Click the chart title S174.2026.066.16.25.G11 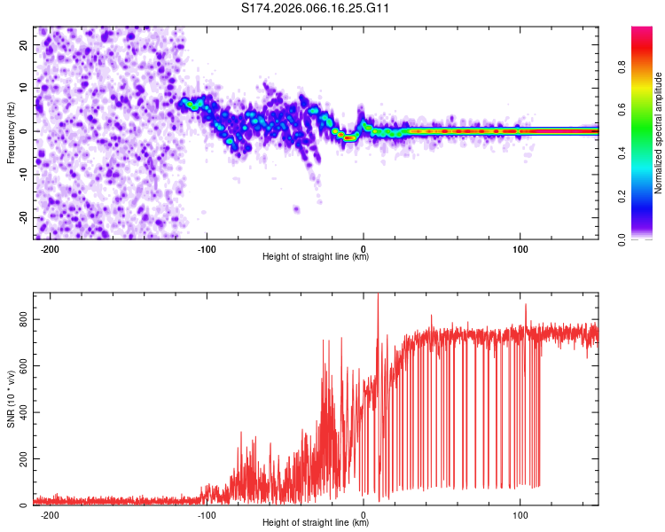pyautogui.click(x=316, y=9)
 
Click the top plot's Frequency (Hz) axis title pyautogui.click(x=11, y=133)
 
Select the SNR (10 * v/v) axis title pyautogui.click(x=11, y=399)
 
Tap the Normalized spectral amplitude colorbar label pyautogui.click(x=659, y=133)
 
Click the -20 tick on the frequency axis pyautogui.click(x=22, y=217)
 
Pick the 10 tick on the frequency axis pyautogui.click(x=24, y=89)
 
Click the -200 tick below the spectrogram pyautogui.click(x=50, y=249)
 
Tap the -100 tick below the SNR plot pyautogui.click(x=207, y=515)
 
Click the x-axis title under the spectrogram pyautogui.click(x=316, y=257)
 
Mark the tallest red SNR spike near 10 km pyautogui.click(x=378, y=296)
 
